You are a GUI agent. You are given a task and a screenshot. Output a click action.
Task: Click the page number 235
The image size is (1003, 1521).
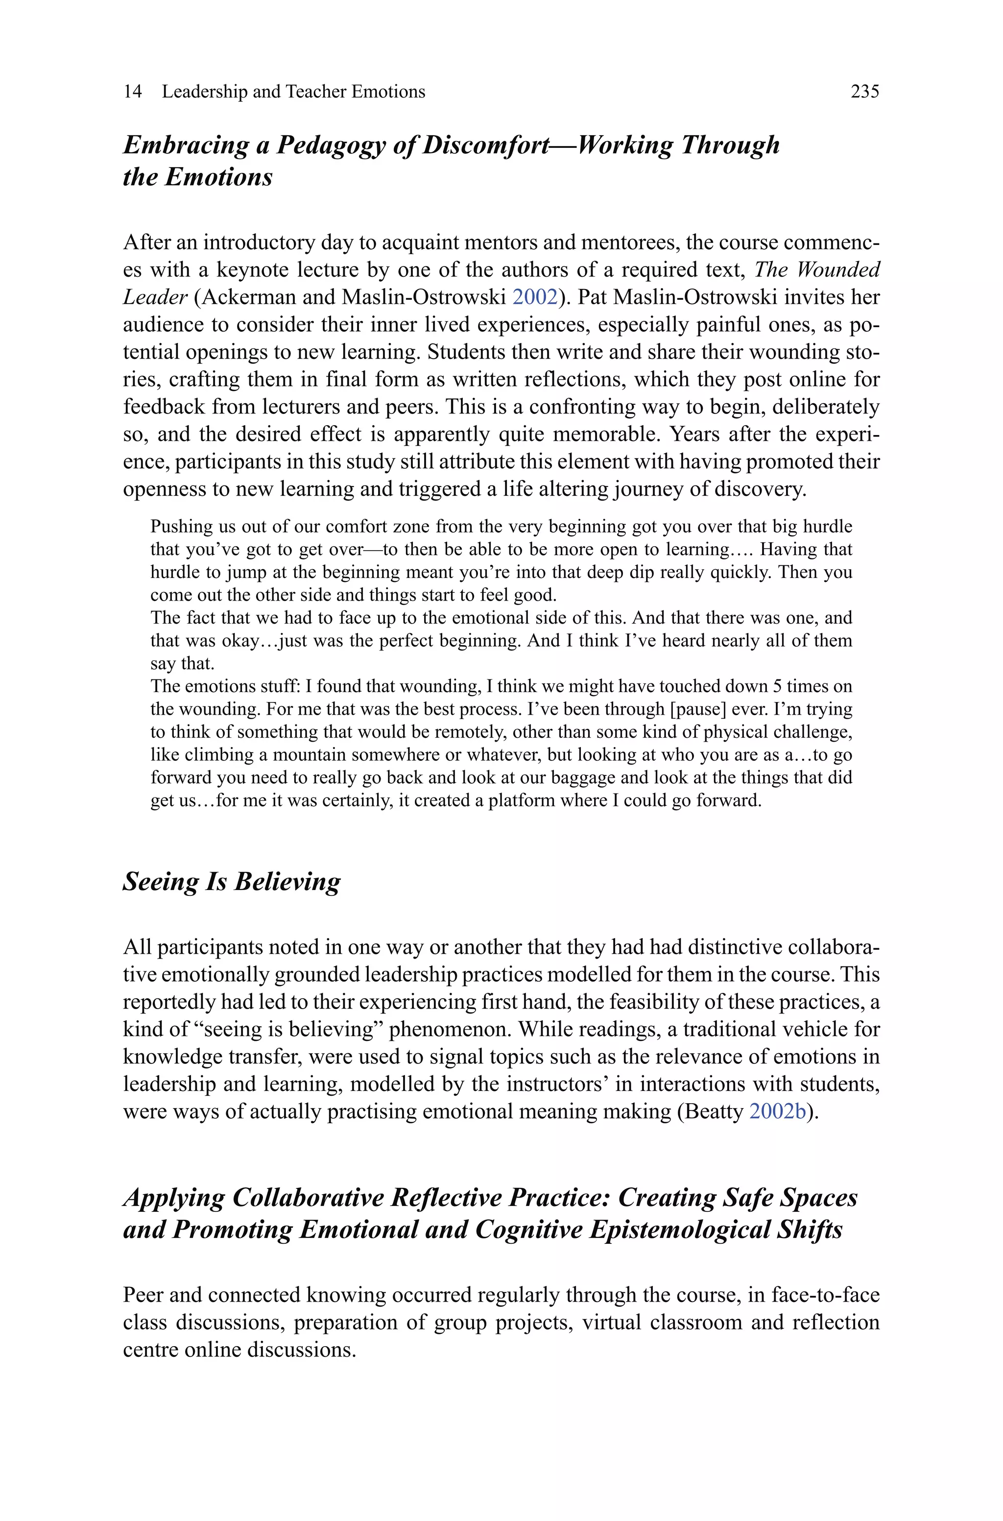click(x=865, y=92)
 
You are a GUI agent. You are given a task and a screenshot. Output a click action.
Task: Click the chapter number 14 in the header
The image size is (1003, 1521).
click(x=132, y=92)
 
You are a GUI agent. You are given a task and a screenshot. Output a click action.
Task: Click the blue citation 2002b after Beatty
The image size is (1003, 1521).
click(x=777, y=1111)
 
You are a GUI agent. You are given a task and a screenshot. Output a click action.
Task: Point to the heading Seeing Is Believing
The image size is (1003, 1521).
click(x=232, y=881)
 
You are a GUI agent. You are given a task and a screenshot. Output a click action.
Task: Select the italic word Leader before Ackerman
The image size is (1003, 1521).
click(x=155, y=297)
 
